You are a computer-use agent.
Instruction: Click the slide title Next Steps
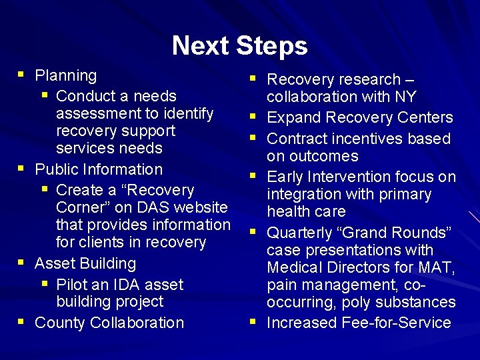pos(239,46)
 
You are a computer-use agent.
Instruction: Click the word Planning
pos(65,76)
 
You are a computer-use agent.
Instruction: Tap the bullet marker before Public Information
pos(23,169)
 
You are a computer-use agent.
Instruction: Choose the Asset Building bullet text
pos(85,263)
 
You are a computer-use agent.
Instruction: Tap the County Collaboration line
pos(109,323)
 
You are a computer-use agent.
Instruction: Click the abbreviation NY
pos(405,97)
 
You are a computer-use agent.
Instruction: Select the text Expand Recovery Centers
pos(359,118)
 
